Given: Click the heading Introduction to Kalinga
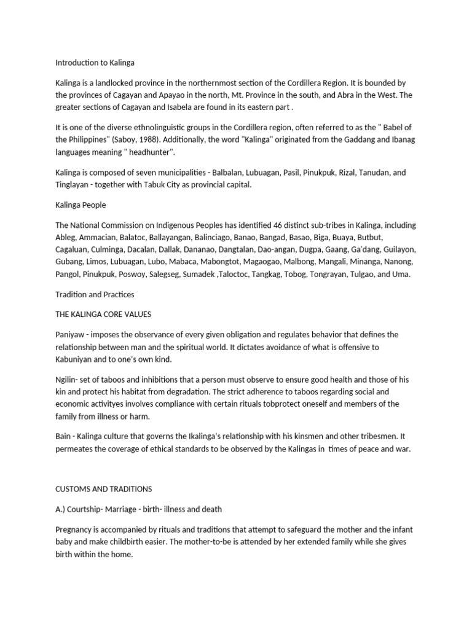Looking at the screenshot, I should point(95,63).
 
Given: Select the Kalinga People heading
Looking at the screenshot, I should point(81,205).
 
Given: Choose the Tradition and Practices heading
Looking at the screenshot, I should point(95,294).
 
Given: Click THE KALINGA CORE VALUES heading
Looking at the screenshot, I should point(103,314).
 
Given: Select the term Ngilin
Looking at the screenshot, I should point(66,380).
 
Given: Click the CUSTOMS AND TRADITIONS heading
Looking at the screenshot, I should point(104,489).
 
